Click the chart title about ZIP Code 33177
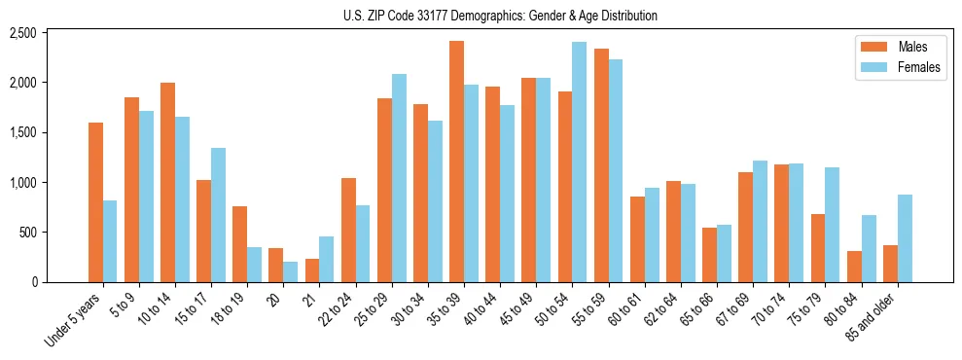500,16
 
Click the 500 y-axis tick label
27,233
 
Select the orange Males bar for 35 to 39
456,162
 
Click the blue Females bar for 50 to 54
579,162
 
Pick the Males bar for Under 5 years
95,202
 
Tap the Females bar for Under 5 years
110,241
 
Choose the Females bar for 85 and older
905,238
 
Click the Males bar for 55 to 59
600,165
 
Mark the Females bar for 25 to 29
399,178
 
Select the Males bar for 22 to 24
348,231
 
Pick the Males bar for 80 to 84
854,267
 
